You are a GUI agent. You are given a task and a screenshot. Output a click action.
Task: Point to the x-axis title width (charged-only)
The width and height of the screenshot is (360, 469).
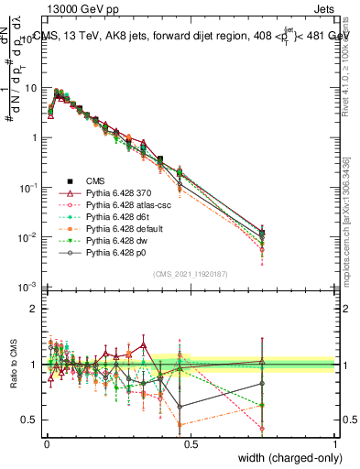point(286,458)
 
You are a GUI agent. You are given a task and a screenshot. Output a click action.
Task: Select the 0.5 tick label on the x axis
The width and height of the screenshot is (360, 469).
point(190,442)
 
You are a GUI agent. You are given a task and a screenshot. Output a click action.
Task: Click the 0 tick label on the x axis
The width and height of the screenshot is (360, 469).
point(46,442)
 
